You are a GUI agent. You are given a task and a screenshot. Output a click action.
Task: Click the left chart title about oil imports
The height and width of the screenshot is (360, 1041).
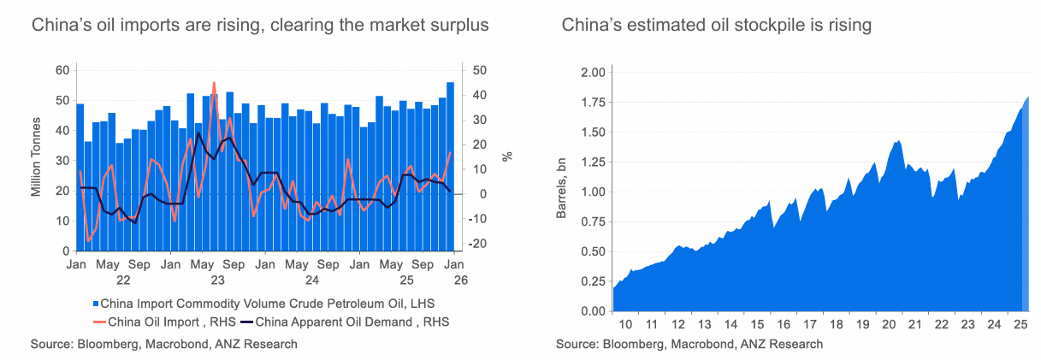tap(260, 26)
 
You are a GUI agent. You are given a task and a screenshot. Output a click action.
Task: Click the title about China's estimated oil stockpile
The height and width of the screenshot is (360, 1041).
tap(716, 26)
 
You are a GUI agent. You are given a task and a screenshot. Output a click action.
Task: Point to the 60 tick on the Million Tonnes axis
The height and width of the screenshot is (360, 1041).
tap(62, 70)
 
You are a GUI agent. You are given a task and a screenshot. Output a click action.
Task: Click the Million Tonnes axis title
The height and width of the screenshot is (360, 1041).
tap(37, 160)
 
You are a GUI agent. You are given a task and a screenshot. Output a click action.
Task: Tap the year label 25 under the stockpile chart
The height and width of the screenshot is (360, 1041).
tap(1019, 325)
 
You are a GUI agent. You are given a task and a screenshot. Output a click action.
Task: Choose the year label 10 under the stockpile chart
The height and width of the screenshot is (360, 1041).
tap(625, 325)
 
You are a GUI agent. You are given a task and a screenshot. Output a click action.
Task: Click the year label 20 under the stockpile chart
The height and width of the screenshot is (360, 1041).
tap(888, 325)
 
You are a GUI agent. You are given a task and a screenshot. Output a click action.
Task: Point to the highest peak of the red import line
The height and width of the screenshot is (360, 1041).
tap(214, 83)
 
